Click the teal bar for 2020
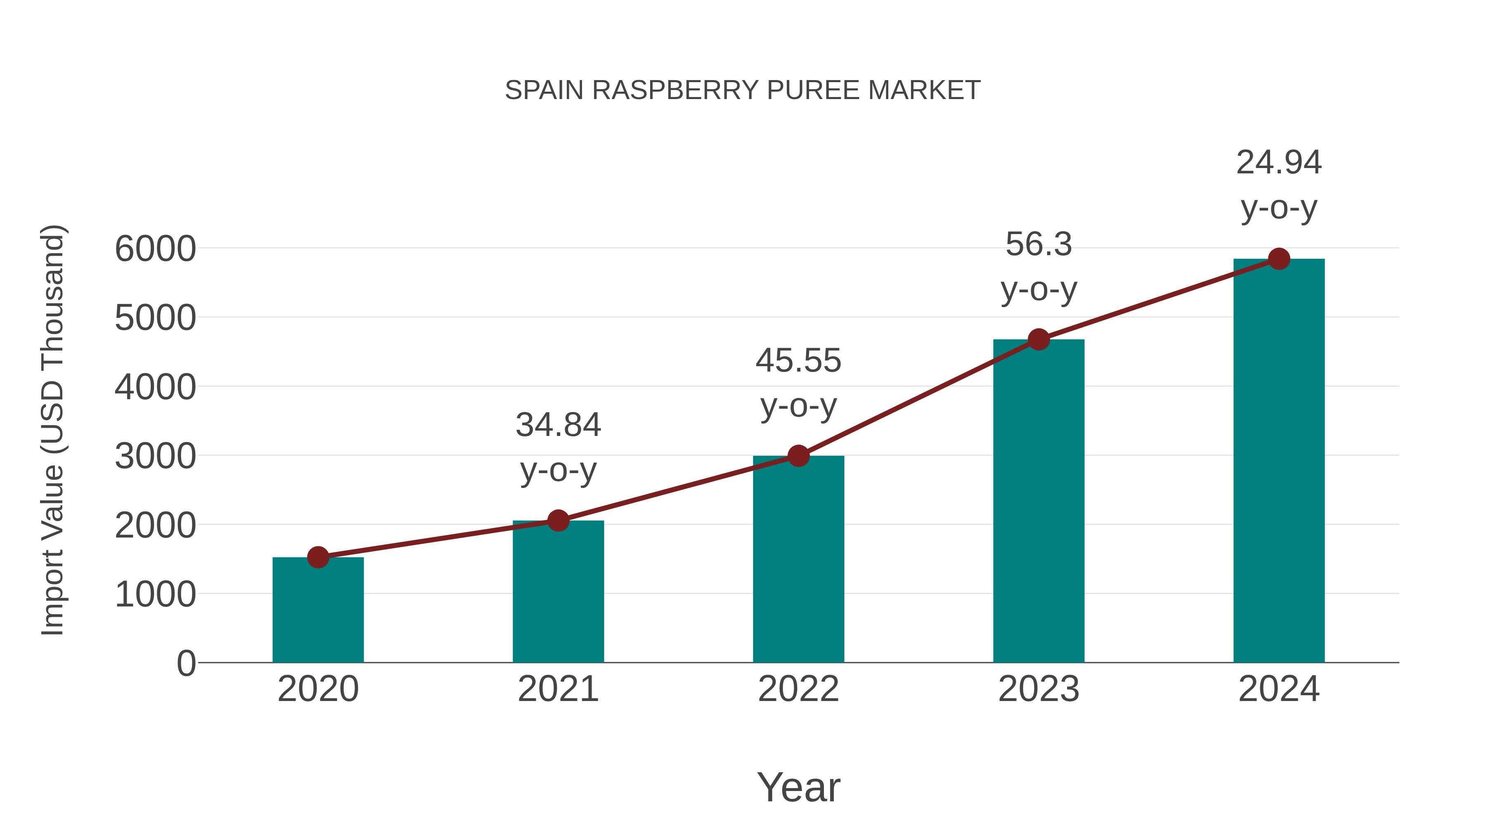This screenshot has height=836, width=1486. [x=318, y=611]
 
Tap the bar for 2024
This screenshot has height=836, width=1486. [x=1279, y=462]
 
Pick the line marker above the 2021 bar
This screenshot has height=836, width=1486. [x=558, y=521]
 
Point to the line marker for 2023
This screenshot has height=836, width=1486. [x=1039, y=339]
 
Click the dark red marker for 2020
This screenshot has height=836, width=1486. [x=318, y=557]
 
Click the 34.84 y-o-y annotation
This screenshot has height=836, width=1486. [x=558, y=447]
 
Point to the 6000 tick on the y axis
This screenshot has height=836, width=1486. [x=155, y=249]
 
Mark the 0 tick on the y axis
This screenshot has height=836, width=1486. [x=186, y=663]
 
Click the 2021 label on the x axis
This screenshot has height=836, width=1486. [x=558, y=689]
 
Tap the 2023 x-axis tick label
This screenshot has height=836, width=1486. [x=1039, y=689]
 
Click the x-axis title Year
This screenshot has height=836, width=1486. [x=798, y=787]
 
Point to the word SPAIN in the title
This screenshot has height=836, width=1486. [x=544, y=90]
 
